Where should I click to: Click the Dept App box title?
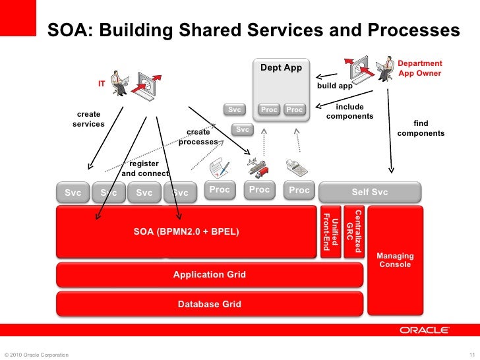pos(281,67)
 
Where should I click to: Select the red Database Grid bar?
pos(210,304)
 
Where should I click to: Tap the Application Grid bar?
pos(210,274)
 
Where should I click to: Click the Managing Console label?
pos(395,260)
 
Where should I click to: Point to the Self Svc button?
pos(370,192)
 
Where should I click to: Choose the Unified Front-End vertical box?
pos(330,233)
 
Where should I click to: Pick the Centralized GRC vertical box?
pos(353,231)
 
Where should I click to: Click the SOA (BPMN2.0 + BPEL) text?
pos(187,232)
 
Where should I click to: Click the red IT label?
pos(102,84)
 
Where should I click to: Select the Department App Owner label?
pos(420,68)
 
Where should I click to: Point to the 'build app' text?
pos(335,86)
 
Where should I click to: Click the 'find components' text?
pos(421,128)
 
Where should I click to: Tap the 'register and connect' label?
pos(144,168)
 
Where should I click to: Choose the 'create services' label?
pos(88,119)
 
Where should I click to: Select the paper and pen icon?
pos(219,167)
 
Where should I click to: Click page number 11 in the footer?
pos(470,355)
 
